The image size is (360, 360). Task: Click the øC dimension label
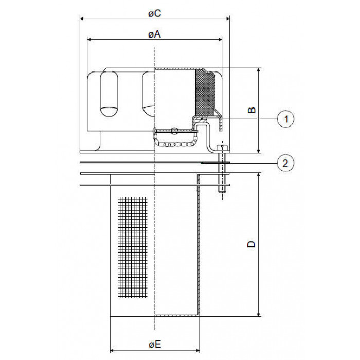[x=154, y=13]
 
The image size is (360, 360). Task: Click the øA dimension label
[x=154, y=34]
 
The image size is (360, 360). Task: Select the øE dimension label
[x=155, y=345]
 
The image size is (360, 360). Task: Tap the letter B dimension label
[x=252, y=110]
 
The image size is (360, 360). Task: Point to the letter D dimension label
[x=251, y=244]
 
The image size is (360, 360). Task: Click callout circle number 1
[x=285, y=119]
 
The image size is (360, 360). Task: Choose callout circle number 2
[x=285, y=163]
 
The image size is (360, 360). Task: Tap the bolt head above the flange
[x=222, y=148]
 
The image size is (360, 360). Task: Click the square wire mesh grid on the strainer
[x=133, y=247]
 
